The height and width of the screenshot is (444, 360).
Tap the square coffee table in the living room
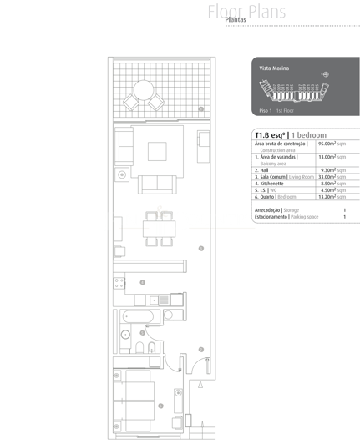tap(159, 151)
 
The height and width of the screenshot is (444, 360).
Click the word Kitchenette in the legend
tap(274, 184)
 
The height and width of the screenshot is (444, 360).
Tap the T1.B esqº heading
tap(270, 134)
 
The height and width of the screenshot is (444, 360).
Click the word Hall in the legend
tap(266, 170)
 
